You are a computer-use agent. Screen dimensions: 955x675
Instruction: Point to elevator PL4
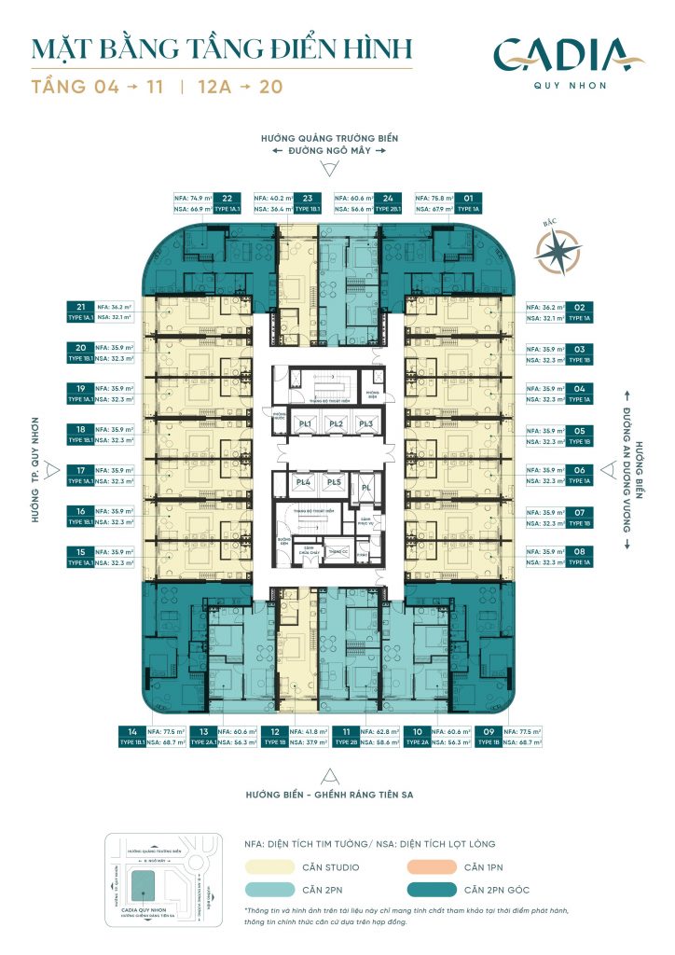pos(302,483)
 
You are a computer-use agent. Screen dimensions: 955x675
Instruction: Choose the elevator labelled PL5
pos(333,483)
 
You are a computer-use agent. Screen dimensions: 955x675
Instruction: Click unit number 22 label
pos(227,198)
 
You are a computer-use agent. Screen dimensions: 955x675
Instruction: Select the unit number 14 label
pos(132,733)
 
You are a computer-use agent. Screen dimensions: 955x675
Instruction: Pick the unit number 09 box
pos(487,733)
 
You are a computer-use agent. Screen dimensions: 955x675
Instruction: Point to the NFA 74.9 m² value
pos(194,199)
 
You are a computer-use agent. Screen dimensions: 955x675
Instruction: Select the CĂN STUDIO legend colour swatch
pos(270,866)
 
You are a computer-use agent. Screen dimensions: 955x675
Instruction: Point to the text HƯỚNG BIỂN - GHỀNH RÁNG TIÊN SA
pos(328,796)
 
